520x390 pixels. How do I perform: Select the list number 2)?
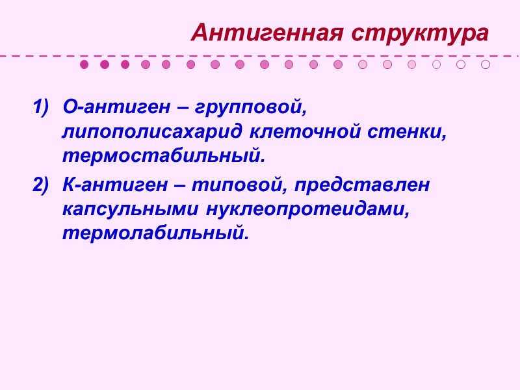click(40, 185)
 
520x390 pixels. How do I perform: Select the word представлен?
click(361, 185)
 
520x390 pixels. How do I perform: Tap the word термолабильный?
click(155, 233)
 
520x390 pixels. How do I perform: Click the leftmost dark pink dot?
click(84, 64)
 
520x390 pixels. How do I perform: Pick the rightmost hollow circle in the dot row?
click(486, 64)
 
